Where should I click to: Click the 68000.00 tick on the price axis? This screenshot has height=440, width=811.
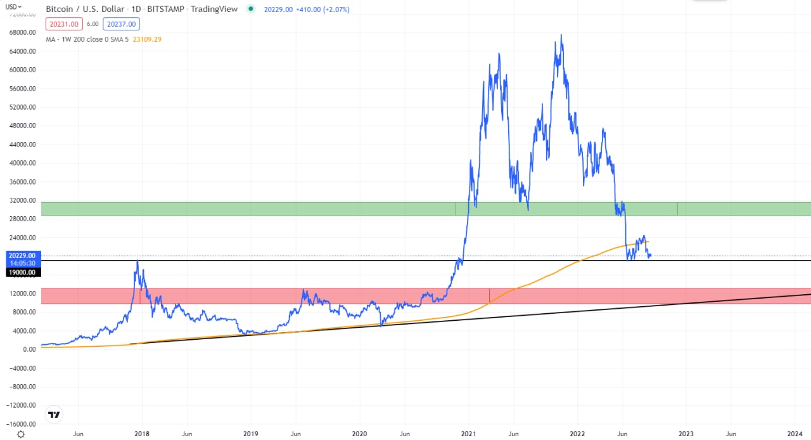click(x=22, y=32)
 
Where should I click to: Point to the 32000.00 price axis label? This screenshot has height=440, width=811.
click(x=22, y=200)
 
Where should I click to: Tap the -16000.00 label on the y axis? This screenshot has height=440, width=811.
click(x=22, y=424)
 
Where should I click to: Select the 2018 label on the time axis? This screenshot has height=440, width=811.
click(x=142, y=434)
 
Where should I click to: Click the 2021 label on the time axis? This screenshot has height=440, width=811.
click(x=469, y=434)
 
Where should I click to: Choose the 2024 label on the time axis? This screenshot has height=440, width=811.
click(x=796, y=434)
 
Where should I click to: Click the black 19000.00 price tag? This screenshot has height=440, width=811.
click(x=22, y=272)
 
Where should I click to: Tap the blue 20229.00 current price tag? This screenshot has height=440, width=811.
click(x=22, y=256)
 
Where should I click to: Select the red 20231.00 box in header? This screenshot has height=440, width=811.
click(x=63, y=24)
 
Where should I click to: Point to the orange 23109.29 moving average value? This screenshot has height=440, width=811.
click(x=147, y=39)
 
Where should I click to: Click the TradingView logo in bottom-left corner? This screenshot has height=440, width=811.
click(x=54, y=415)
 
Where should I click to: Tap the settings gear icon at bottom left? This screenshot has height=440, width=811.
click(x=21, y=434)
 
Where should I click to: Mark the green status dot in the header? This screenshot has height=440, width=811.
click(x=252, y=10)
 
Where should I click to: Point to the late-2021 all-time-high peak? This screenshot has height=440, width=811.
click(x=561, y=35)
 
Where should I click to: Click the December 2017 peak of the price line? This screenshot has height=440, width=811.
click(x=137, y=261)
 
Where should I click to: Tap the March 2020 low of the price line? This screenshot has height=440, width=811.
click(x=381, y=325)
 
